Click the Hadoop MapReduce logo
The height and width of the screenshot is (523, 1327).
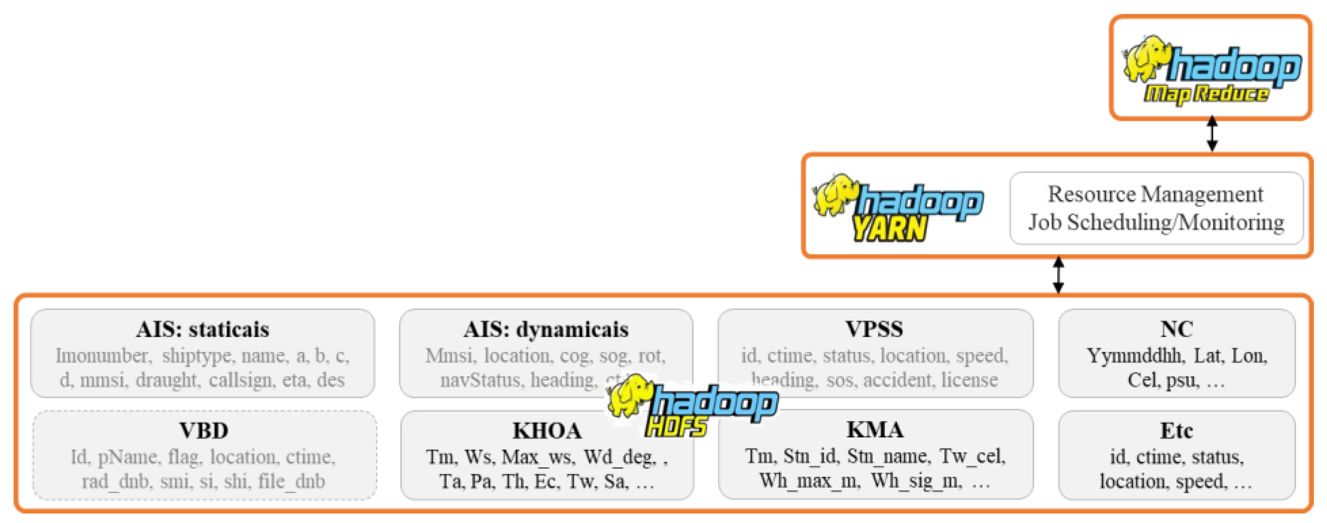click(1211, 70)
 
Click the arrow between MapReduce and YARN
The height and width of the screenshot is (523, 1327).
click(1212, 133)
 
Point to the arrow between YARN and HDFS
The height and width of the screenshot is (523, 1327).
click(1058, 275)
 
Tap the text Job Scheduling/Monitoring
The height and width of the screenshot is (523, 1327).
click(1156, 222)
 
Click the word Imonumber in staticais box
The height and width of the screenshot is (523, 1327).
click(103, 356)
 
